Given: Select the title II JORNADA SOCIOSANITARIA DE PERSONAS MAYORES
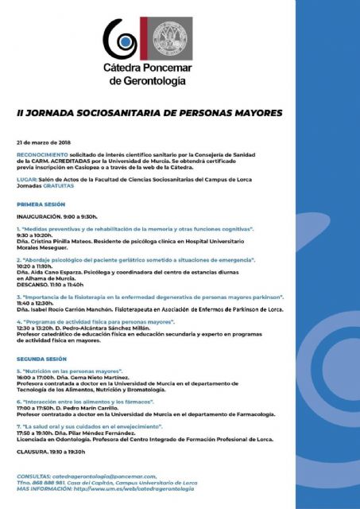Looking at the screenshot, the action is click(149, 113).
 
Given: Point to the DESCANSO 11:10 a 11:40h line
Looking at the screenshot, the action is click(56, 284).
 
